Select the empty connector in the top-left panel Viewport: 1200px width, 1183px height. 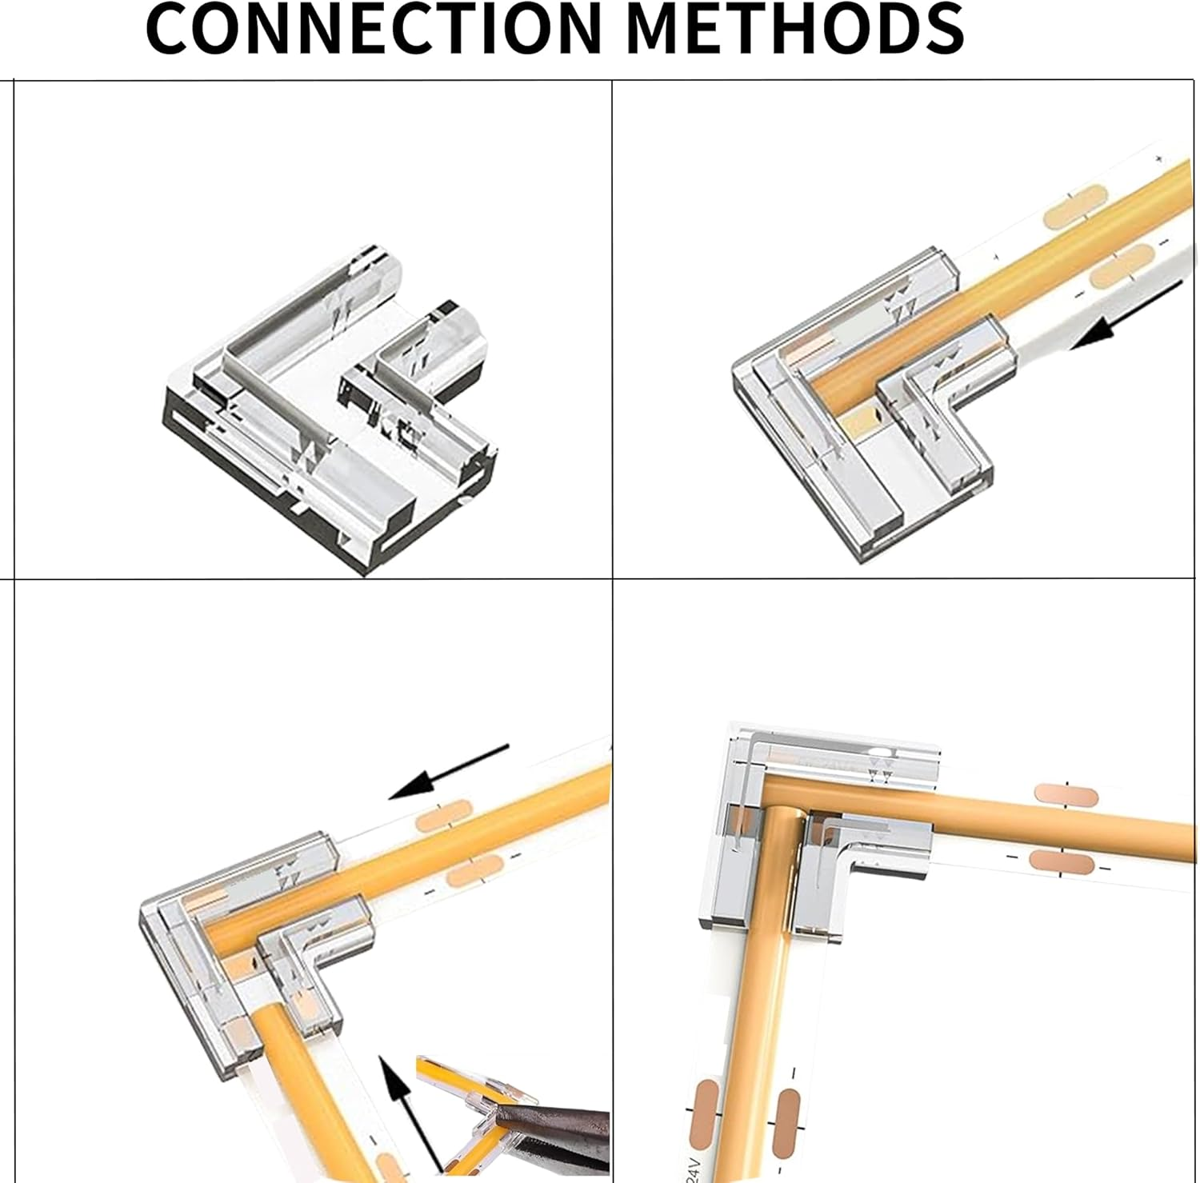point(328,416)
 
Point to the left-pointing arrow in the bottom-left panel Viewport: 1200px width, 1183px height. point(449,771)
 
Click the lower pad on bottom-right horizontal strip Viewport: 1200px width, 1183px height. point(1060,862)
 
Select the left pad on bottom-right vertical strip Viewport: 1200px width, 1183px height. point(708,1112)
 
